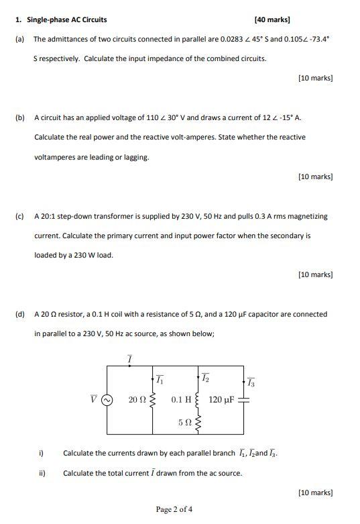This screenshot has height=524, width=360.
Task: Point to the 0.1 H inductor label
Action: point(181,400)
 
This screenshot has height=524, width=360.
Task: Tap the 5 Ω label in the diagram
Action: point(185,423)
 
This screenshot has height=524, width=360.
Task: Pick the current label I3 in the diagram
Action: point(251,383)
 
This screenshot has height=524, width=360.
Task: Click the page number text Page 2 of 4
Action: point(174,509)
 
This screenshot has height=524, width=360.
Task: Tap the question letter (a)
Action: point(19,40)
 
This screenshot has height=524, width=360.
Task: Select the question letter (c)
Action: point(19,217)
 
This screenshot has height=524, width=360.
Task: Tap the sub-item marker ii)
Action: point(42,473)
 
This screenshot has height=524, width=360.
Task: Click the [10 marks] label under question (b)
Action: point(315,177)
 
